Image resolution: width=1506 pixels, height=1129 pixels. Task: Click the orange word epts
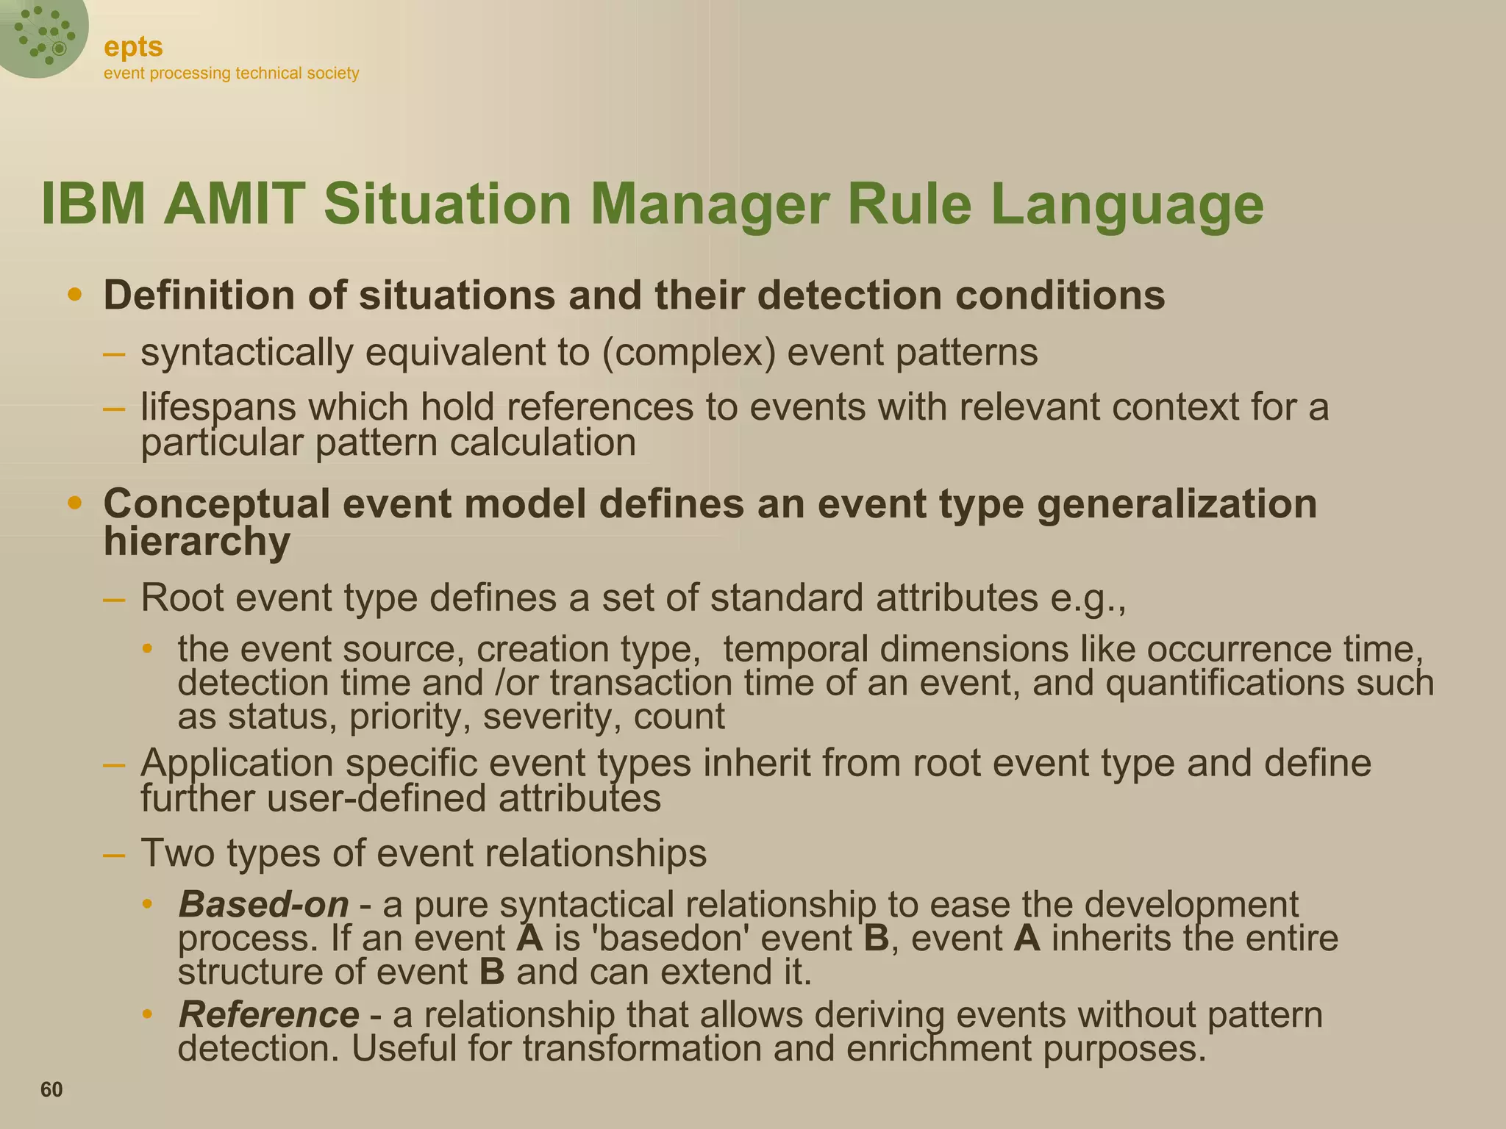133,47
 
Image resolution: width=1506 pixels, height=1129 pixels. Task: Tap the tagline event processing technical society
231,74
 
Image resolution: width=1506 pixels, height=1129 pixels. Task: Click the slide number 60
51,1089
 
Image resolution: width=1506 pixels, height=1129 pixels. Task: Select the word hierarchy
196,542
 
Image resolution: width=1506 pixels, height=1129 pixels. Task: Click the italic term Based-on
263,904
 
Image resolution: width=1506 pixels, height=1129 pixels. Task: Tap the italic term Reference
268,1015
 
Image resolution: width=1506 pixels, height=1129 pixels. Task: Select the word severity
546,717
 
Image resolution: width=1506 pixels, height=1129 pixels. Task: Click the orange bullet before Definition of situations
74,295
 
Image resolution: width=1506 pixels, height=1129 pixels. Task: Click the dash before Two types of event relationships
114,855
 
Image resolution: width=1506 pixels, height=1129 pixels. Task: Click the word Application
237,763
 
